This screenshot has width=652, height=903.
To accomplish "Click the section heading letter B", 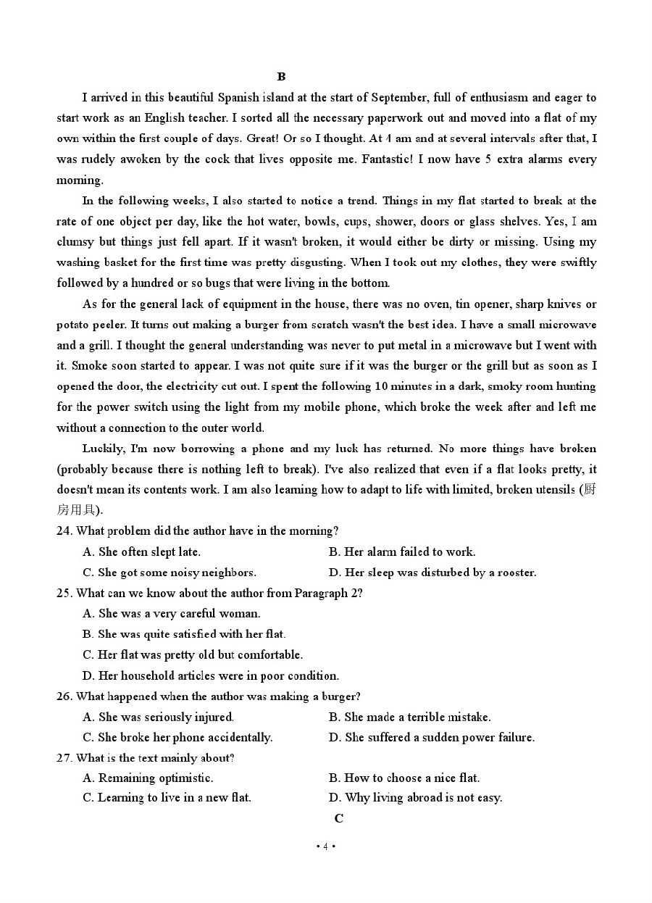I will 282,77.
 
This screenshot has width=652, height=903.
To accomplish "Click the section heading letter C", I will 339,818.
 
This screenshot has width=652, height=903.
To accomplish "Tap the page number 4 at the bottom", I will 326,846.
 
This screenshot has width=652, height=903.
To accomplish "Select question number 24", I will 64,531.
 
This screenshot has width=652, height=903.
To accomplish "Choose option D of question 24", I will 432,573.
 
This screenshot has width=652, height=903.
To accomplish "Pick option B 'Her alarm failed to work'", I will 402,552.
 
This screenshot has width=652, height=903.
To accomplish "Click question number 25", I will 64,593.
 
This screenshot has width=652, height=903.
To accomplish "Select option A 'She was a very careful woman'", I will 171,614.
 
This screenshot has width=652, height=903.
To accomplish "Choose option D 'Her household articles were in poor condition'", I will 210,675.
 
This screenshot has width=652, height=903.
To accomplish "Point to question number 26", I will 64,696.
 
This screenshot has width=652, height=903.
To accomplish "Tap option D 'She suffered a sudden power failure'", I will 432,738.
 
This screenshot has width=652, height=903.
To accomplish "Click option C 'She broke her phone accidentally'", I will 177,738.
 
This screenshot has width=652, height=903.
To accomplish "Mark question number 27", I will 64,758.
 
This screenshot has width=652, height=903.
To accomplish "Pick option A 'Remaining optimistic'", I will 148,778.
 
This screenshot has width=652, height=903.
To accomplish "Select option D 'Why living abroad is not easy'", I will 415,798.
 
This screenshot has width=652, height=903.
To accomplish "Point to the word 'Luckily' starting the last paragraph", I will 104,449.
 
